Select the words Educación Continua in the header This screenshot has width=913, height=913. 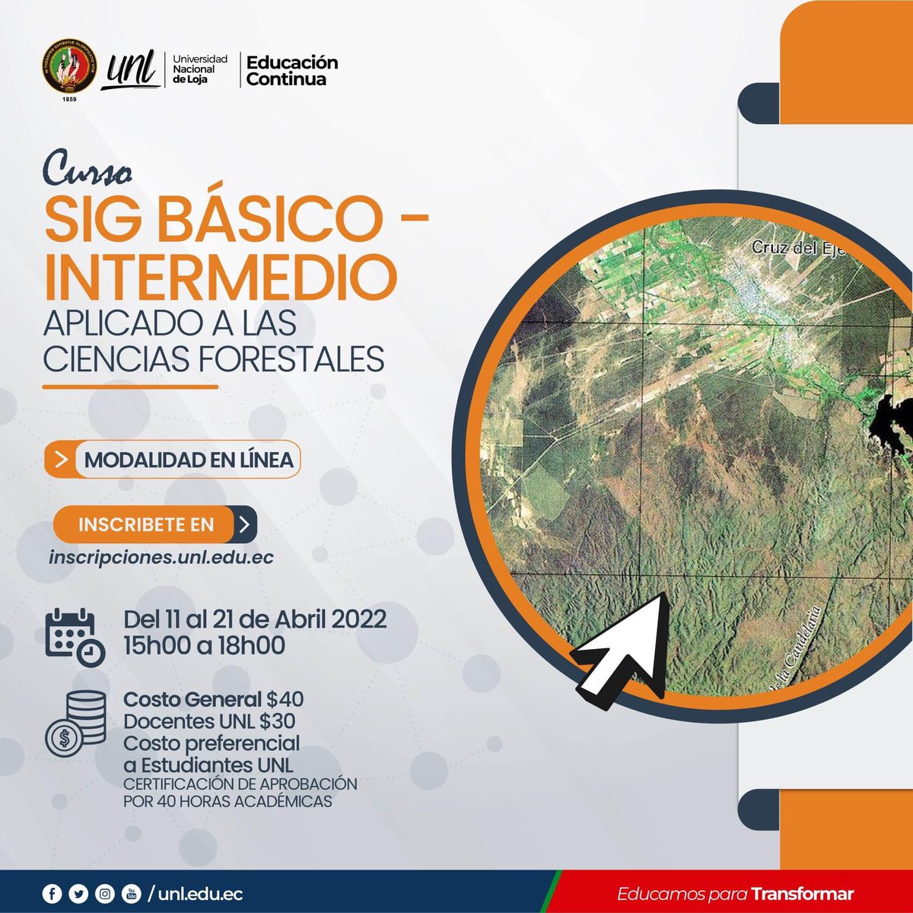coord(291,70)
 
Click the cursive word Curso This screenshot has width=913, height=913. coord(87,172)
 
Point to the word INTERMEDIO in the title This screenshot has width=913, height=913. coord(221,278)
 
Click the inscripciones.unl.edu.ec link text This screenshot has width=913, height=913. coord(161,557)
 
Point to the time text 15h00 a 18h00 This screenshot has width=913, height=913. coord(204,646)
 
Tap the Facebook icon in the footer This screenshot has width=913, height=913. coord(51,894)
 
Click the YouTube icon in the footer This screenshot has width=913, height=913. coord(130,894)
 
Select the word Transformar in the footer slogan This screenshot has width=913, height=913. coord(802,894)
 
